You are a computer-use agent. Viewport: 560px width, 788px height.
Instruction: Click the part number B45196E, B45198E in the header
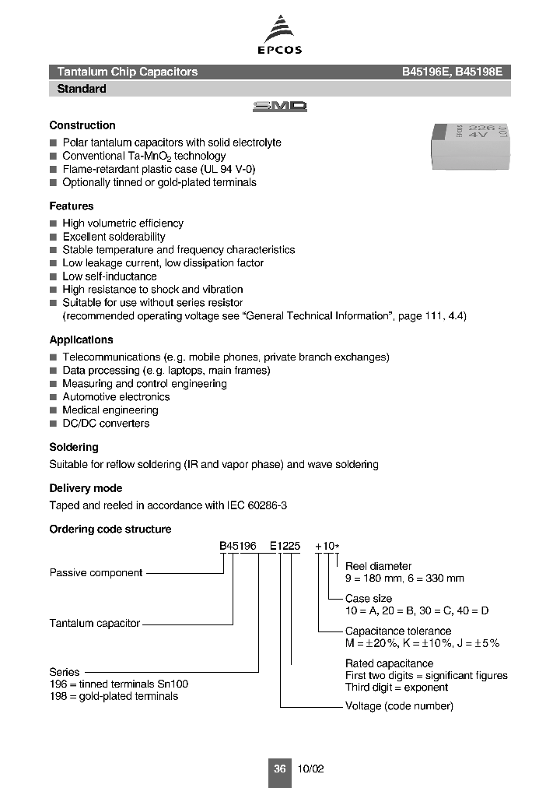coord(452,72)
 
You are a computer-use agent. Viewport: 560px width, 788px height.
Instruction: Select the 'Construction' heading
coord(82,125)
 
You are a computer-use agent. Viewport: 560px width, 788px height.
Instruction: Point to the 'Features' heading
coord(72,206)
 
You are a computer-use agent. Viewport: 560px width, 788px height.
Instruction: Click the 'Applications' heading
coord(81,340)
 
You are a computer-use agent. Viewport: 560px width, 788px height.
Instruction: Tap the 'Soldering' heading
coord(74,448)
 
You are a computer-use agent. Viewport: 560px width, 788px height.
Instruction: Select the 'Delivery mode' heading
coord(86,488)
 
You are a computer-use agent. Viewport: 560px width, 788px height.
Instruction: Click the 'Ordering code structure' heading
coord(110,529)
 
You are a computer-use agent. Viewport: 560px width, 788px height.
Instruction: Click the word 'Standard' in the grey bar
coord(82,89)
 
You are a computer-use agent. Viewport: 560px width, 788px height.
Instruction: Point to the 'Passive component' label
coord(96,573)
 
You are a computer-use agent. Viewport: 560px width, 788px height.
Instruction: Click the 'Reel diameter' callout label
coord(379,566)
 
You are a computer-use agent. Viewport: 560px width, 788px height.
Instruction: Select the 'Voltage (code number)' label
coord(399,706)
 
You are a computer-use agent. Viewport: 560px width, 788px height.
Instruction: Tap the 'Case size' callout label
coord(369,599)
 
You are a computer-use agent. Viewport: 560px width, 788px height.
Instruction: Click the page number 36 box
coord(280,769)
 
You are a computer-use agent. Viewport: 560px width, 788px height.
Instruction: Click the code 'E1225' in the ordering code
coord(285,547)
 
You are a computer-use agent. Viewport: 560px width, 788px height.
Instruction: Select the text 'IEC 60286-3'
coord(259,505)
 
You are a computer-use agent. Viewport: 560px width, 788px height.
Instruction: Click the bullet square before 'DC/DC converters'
coord(54,424)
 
